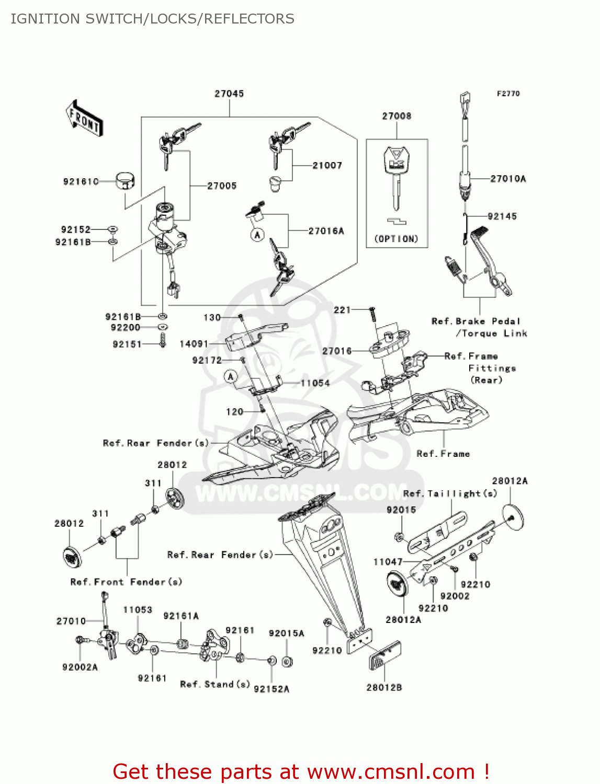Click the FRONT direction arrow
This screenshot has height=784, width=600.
click(84, 119)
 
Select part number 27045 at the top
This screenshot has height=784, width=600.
click(229, 94)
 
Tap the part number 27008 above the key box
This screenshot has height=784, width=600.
click(397, 116)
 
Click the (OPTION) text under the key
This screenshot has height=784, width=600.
click(397, 239)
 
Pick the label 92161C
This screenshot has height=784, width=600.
click(81, 181)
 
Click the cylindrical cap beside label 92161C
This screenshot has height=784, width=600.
click(124, 181)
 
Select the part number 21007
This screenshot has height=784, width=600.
click(327, 166)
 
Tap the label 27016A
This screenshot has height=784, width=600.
click(326, 231)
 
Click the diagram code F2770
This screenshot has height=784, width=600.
click(508, 94)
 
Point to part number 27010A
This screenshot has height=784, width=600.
click(508, 179)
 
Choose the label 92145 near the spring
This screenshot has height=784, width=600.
click(502, 216)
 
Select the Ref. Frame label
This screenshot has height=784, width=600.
click(443, 454)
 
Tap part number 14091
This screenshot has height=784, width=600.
click(194, 344)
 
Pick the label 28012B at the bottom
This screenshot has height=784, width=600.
click(384, 688)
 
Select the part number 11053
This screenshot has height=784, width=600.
click(138, 610)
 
